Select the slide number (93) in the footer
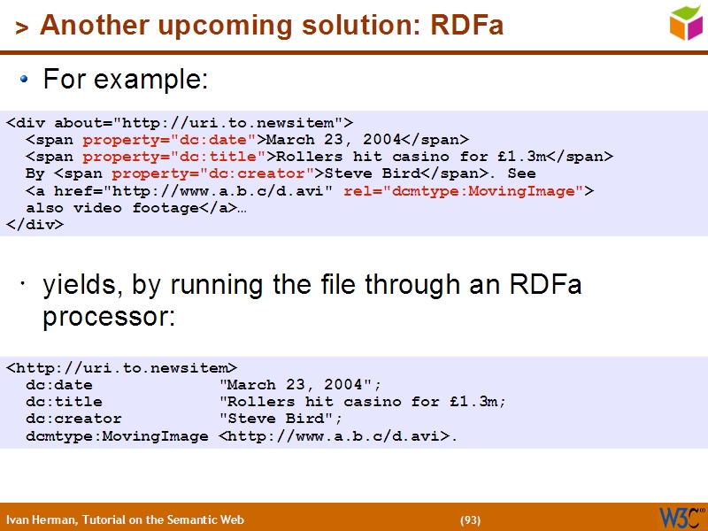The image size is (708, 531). (470, 520)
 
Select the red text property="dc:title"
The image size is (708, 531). (174, 157)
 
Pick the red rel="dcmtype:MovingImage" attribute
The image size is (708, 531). (464, 190)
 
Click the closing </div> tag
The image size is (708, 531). (35, 224)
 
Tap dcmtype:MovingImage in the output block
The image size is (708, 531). (117, 435)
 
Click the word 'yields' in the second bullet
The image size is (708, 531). (82, 285)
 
